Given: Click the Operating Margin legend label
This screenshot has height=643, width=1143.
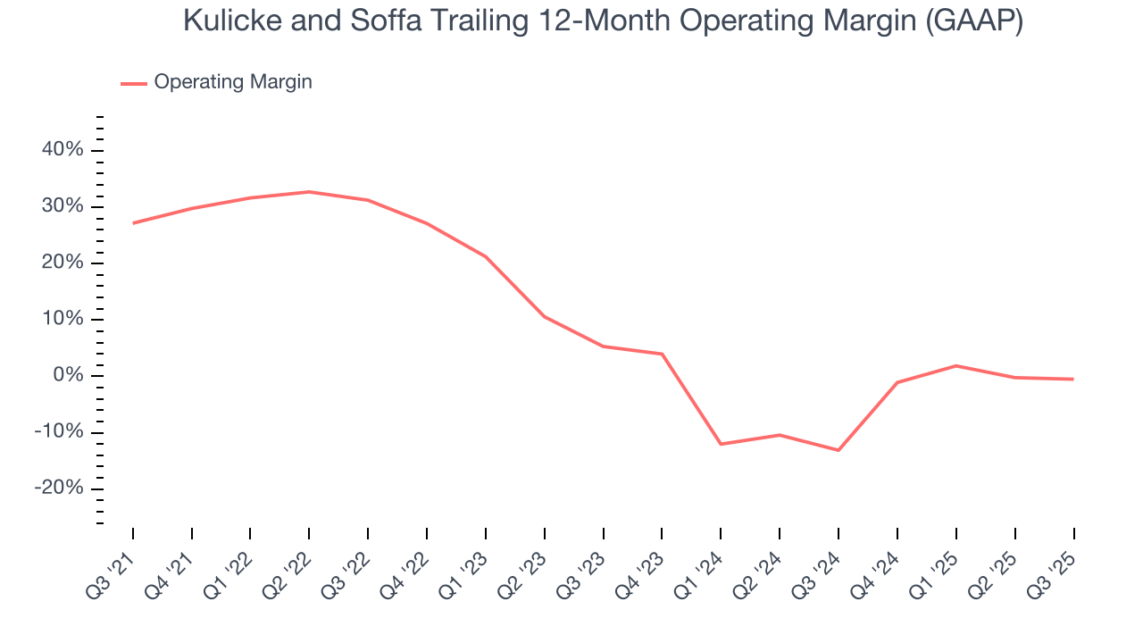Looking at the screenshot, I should click(x=233, y=82).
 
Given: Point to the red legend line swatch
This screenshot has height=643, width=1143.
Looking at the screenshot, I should click(x=134, y=83).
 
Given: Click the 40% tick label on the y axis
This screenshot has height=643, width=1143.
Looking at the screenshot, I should click(x=63, y=150).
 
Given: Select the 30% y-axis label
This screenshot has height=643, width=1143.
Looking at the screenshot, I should click(x=63, y=206).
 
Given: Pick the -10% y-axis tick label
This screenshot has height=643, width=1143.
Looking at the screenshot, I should click(x=59, y=432).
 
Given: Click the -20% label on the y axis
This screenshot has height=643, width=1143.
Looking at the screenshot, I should click(x=59, y=489).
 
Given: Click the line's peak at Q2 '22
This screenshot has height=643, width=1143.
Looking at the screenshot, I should click(x=309, y=192).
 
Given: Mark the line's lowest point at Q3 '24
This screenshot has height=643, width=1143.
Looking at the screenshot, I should click(x=838, y=450).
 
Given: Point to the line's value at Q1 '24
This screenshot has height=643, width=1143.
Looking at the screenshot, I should click(x=721, y=444).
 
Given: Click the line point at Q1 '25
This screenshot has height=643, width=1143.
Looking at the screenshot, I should click(x=955, y=365).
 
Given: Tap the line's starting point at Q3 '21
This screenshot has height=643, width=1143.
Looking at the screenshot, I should click(x=133, y=223).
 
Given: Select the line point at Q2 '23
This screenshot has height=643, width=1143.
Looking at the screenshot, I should click(x=544, y=316).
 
